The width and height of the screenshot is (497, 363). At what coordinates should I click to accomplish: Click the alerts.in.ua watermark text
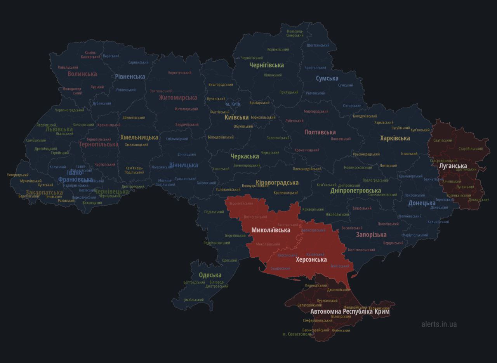[x=439, y=324]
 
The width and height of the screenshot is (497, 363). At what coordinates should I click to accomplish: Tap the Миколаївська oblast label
[x=271, y=230]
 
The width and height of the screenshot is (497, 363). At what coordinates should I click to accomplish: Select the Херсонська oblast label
[x=311, y=259]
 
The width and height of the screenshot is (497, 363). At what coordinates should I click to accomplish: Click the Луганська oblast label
[x=453, y=166]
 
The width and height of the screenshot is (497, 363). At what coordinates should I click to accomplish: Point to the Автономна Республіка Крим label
[x=350, y=311]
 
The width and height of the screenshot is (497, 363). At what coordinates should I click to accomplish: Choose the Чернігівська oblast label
[x=266, y=65]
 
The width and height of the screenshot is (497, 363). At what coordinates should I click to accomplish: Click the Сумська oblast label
[x=327, y=78]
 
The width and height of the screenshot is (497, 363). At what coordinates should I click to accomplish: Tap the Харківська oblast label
[x=395, y=138]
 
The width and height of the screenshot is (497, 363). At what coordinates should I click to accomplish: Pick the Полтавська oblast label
[x=320, y=132]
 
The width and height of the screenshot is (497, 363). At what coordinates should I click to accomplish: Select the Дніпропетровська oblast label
[x=356, y=191]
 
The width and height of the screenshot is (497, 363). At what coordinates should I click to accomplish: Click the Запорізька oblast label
[x=371, y=234]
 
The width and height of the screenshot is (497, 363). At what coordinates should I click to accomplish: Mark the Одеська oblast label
[x=210, y=275]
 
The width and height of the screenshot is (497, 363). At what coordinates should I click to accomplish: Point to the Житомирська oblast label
[x=178, y=97]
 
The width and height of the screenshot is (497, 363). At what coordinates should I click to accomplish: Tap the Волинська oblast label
[x=82, y=74]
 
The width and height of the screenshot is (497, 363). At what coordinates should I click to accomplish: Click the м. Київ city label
[x=233, y=104]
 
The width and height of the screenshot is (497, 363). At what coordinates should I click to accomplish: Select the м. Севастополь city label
[x=297, y=334]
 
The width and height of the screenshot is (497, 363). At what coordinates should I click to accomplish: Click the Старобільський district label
[x=471, y=149]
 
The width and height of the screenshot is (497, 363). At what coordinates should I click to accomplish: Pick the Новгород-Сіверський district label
[x=295, y=33]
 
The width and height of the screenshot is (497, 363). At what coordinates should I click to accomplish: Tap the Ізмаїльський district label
[x=193, y=300]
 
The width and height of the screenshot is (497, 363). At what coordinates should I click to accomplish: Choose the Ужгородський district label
[x=18, y=175]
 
